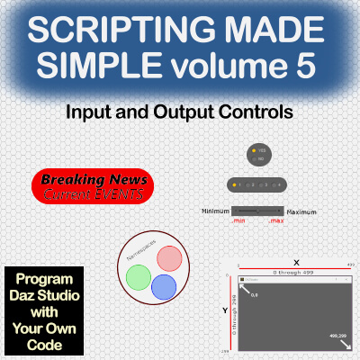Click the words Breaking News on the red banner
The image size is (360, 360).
click(92, 178)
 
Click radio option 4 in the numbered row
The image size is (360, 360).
click(277, 184)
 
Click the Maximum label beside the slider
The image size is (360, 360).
click(301, 211)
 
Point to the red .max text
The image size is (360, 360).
click(275, 220)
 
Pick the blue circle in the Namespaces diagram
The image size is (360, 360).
click(163, 287)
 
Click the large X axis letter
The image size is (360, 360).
click(296, 263)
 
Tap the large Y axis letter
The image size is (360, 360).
click(226, 310)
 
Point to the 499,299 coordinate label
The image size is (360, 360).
click(339, 336)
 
